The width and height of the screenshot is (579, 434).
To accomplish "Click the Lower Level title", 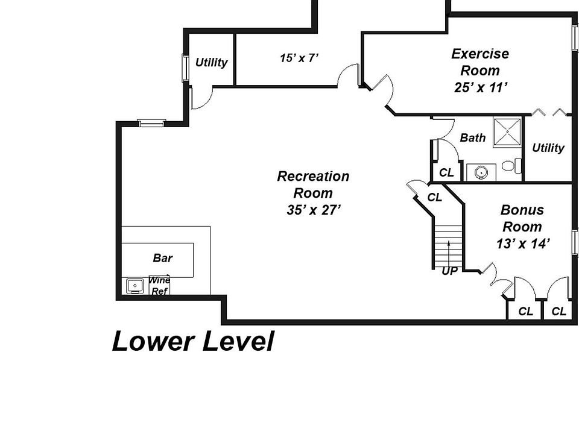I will click(x=193, y=342).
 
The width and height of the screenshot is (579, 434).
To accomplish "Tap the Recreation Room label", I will click(x=313, y=185).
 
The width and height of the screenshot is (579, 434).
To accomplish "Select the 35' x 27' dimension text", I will click(x=314, y=210).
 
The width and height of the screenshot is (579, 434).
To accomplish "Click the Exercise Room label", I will click(x=480, y=62).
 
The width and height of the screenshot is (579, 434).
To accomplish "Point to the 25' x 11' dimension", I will click(x=480, y=87).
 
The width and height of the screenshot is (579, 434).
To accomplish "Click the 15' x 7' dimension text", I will click(x=299, y=58).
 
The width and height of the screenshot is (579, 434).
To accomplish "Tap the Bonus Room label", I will click(x=522, y=218).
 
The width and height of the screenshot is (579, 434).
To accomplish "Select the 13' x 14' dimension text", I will click(x=522, y=244).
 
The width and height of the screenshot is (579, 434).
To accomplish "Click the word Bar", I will click(x=162, y=258).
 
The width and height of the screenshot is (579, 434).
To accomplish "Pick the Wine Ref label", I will click(x=159, y=286).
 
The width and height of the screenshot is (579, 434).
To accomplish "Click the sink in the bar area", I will click(x=134, y=286).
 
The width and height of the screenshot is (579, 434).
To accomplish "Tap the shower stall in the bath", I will click(x=508, y=132).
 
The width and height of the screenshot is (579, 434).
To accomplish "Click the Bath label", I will click(x=473, y=138).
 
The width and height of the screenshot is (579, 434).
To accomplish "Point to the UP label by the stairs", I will click(x=449, y=271).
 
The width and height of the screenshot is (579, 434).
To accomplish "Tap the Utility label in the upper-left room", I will click(x=211, y=63).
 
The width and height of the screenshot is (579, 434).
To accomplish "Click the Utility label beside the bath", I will click(x=548, y=148).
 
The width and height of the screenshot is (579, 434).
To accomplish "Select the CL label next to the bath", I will click(x=446, y=172).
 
